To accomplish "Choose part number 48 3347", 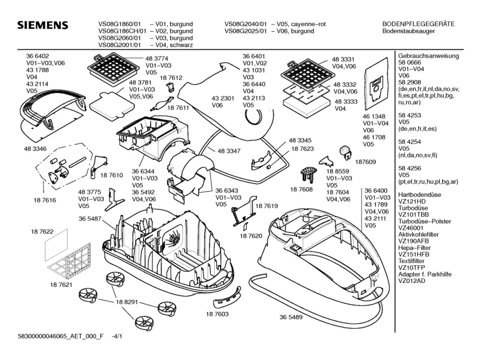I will click(228, 152).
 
